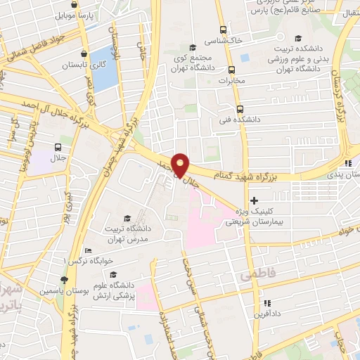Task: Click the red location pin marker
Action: point(180,165)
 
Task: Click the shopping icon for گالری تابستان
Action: point(84,53)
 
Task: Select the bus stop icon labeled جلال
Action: point(58,148)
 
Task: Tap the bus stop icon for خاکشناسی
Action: point(223,30)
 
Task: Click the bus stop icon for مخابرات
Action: point(231,70)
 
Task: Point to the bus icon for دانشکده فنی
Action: point(240,109)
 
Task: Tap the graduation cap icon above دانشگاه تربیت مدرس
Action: point(127,218)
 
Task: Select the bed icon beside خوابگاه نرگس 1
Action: point(88,250)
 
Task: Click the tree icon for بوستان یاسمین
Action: point(65,280)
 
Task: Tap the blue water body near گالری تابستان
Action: point(103,68)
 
